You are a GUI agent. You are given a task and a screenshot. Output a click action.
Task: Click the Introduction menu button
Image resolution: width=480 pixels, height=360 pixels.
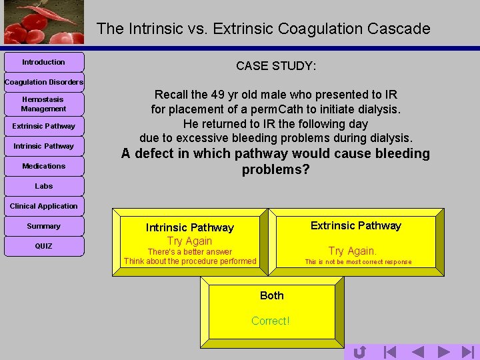tap(43, 62)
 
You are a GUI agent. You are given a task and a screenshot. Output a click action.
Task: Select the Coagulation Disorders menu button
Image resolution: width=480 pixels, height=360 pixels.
tap(43, 82)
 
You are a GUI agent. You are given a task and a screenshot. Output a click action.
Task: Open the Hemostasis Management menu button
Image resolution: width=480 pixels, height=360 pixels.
tap(43, 104)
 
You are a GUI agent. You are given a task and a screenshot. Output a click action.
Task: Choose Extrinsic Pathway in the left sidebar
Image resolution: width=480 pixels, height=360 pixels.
tap(43, 126)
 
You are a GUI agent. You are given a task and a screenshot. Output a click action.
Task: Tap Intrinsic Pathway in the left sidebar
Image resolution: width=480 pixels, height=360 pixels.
tap(43, 146)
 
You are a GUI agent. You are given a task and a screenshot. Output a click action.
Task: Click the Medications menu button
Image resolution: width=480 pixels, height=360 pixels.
tap(43, 166)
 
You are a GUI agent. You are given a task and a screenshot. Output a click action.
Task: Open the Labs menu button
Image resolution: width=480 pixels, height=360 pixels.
tap(43, 186)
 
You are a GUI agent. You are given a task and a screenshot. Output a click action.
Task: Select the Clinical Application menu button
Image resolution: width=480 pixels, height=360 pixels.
tap(43, 206)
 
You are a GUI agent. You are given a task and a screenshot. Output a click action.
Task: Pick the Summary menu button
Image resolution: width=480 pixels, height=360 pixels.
tap(43, 226)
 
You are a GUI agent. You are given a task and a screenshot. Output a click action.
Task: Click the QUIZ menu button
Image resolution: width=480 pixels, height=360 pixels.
tap(43, 246)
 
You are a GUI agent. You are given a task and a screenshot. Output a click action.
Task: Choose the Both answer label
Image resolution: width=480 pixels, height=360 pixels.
tap(272, 295)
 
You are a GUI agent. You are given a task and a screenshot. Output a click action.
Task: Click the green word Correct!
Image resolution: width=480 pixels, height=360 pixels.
tap(271, 321)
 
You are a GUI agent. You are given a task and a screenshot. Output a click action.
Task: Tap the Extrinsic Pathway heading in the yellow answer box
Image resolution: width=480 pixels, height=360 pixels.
tap(356, 225)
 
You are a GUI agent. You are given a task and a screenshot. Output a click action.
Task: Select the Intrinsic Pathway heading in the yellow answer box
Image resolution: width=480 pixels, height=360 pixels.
tap(190, 227)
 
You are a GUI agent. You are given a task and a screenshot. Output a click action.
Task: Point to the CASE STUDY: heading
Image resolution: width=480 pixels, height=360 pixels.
tap(276, 66)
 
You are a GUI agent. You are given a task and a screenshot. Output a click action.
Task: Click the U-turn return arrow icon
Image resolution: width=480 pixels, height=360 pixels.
tap(359, 351)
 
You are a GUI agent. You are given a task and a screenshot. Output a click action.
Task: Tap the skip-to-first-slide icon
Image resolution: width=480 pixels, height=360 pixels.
tap(390, 351)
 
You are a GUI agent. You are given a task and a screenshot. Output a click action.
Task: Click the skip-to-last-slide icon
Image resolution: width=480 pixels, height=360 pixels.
tap(468, 351)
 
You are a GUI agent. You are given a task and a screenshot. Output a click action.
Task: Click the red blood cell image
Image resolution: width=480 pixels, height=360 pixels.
tap(43, 22)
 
